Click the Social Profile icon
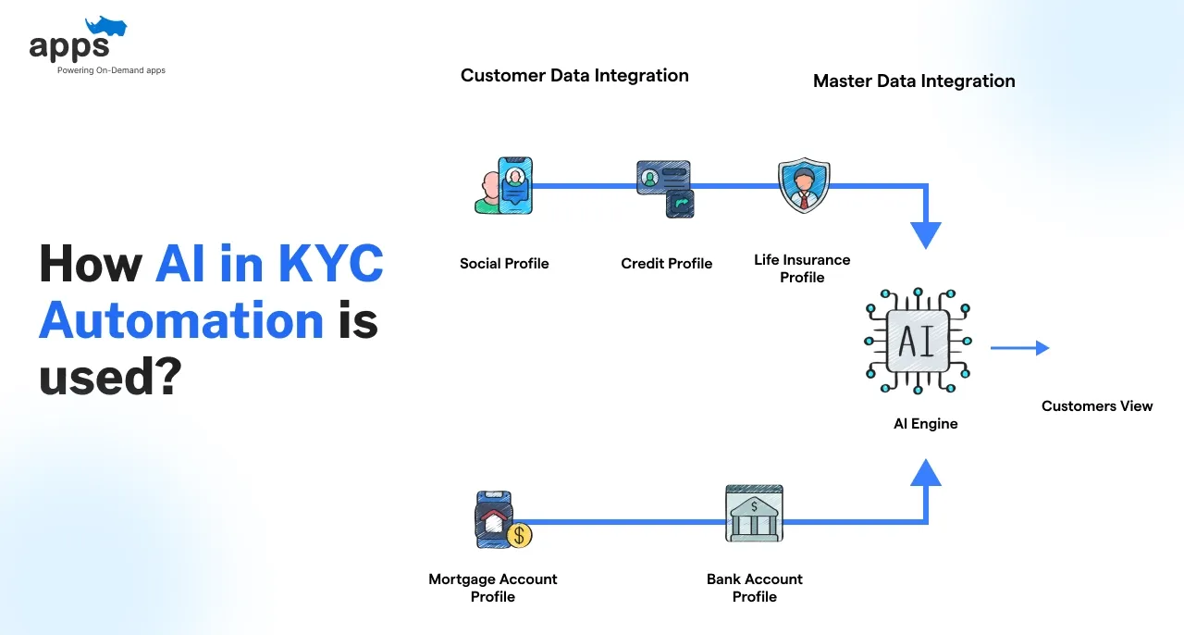(504, 185)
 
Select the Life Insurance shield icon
(802, 185)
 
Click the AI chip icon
(917, 340)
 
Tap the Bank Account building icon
(754, 514)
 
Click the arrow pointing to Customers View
(1019, 348)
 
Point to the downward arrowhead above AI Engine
(925, 235)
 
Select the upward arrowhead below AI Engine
(925, 473)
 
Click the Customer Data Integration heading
(574, 76)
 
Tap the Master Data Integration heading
(914, 81)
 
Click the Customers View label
(1097, 405)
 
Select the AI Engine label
(925, 424)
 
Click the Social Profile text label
(504, 264)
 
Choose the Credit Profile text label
(666, 264)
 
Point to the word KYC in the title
(329, 265)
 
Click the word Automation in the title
(181, 321)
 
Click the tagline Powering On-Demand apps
(111, 70)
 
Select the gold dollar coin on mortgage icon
(519, 535)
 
